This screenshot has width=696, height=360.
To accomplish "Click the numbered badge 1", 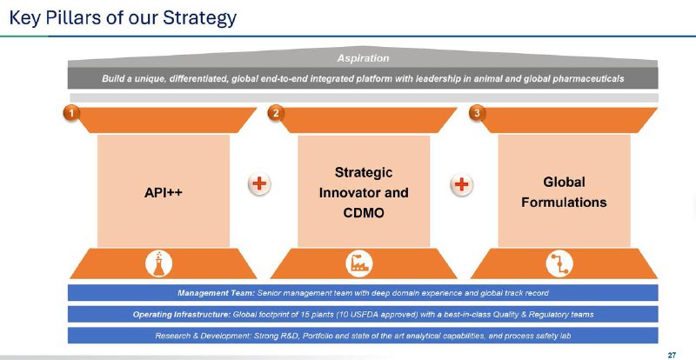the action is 71,113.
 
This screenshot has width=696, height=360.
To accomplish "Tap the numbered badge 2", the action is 276,113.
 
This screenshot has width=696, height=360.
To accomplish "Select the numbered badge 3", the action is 477,113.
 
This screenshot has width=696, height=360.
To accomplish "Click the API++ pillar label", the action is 164,193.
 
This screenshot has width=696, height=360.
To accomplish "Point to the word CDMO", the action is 364,213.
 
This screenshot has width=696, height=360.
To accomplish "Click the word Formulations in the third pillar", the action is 564,203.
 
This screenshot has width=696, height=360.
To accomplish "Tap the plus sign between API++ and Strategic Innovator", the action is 259,183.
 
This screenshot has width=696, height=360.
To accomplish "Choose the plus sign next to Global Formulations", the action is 462,183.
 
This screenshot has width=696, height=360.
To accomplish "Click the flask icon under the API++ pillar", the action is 158,263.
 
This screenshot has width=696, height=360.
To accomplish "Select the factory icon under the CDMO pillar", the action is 358,263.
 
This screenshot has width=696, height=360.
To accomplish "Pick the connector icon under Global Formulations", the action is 559,263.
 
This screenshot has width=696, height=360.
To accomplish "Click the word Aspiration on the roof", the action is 363,58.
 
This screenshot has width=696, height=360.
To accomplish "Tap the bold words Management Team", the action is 216,293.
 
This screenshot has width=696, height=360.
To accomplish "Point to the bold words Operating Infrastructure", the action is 182,314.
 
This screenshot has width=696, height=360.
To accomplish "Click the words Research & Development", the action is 203,336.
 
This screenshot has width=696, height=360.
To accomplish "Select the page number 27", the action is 672,355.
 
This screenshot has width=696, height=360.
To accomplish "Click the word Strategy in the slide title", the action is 199,18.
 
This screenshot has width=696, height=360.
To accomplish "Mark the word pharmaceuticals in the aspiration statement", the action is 588,78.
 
